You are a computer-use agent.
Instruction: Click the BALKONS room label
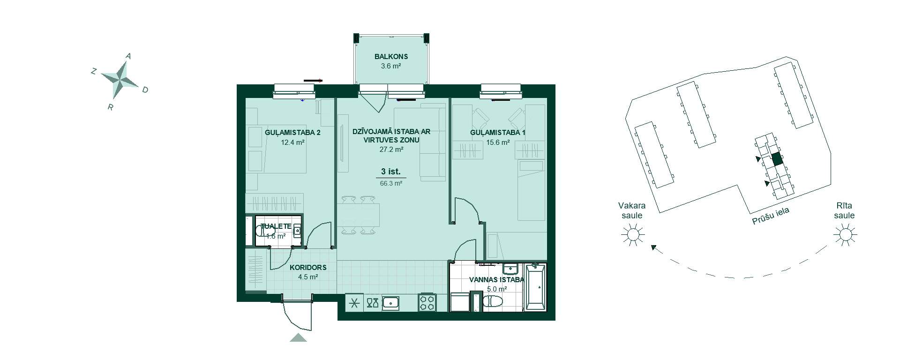tap(391, 57)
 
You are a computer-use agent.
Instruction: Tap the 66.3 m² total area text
tap(391, 184)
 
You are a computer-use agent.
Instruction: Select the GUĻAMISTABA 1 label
tap(497, 133)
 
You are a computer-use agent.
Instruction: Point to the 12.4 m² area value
tap(293, 142)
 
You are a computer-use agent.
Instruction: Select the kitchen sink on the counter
tap(390, 303)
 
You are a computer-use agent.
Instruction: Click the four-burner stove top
tap(427, 302)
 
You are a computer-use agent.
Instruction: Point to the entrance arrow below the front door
tap(298, 337)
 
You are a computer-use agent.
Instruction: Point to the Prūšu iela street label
tap(771, 216)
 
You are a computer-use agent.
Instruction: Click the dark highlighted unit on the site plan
tap(777, 159)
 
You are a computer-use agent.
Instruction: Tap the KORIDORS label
tap(308, 268)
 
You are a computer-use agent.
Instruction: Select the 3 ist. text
tap(390, 172)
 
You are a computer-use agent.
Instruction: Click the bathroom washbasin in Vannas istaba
tap(510, 269)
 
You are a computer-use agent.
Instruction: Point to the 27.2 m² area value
tap(391, 150)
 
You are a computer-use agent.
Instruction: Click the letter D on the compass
tap(145, 90)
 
